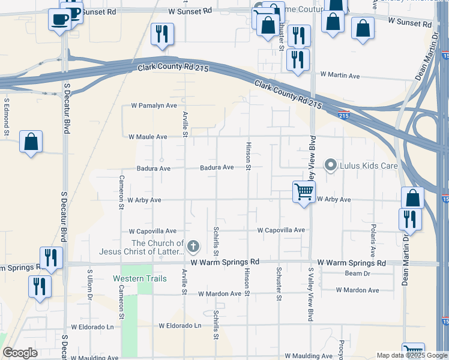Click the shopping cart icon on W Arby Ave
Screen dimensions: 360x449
[x=304, y=193]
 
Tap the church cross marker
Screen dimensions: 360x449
[x=193, y=245]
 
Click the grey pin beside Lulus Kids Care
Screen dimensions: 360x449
[x=330, y=165]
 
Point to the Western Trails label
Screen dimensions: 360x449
[x=137, y=278]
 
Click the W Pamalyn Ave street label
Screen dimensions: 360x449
[x=154, y=106]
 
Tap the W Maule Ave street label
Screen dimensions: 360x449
[x=148, y=137]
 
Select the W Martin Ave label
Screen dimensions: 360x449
[x=340, y=75]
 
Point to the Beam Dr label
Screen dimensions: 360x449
[x=357, y=274]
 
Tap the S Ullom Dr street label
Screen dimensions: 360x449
[x=90, y=285]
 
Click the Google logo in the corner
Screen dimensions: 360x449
[x=20, y=352]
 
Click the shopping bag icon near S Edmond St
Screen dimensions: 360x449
[x=31, y=142]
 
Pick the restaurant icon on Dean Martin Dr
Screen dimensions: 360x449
[x=411, y=219]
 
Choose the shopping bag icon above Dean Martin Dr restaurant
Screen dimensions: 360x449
[x=412, y=197]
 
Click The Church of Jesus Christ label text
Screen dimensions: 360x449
[x=157, y=247]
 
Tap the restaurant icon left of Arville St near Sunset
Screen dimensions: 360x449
[x=161, y=34]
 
